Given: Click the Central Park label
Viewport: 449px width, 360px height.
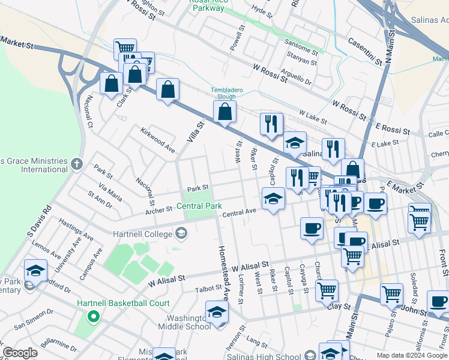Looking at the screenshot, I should point(199,206).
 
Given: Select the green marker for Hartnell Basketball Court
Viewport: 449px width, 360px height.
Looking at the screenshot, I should point(92,316).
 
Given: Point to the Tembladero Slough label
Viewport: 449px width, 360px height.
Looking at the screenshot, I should point(226,93).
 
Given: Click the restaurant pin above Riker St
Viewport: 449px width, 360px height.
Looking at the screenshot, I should point(271,124).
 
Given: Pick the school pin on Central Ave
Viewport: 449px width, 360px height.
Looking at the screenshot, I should point(273,199).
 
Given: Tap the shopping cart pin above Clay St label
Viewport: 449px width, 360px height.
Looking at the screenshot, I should point(327,290).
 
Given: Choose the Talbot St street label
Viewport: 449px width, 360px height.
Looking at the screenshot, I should point(208,289).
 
